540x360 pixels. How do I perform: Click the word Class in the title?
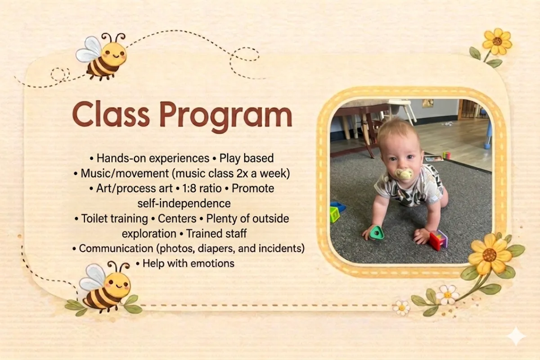(x=111, y=114)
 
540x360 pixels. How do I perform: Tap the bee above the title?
(x=101, y=57)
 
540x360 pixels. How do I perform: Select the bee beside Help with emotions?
(x=105, y=287)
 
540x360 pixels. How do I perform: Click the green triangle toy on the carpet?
(x=376, y=233)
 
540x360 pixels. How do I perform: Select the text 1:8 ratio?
(x=202, y=189)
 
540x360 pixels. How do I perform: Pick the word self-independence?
(x=184, y=203)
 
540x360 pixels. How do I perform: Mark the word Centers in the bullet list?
(x=177, y=218)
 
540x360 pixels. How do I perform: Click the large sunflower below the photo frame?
(x=490, y=254)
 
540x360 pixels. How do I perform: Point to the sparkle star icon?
(x=516, y=336)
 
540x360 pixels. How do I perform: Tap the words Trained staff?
(x=216, y=234)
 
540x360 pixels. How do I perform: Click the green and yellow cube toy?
(x=335, y=215)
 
